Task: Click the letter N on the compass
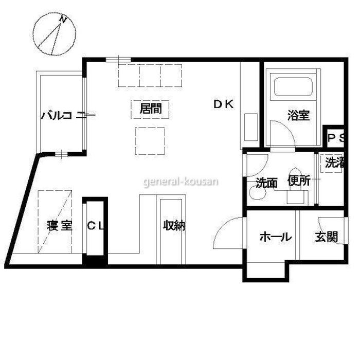click(x=62, y=20)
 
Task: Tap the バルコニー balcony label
click(x=68, y=115)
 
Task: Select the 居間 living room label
click(x=151, y=109)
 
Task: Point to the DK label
click(x=223, y=104)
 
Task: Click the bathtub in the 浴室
click(x=293, y=87)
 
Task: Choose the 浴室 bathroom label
click(x=298, y=115)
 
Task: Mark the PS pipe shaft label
click(x=336, y=138)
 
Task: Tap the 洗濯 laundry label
click(x=334, y=163)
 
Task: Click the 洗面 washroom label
click(x=266, y=183)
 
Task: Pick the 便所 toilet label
click(x=299, y=181)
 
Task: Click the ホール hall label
click(x=276, y=237)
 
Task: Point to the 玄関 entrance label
click(x=326, y=237)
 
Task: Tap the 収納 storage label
click(x=174, y=225)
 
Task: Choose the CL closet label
click(x=95, y=226)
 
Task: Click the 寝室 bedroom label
click(x=60, y=225)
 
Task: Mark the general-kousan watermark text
click(x=181, y=182)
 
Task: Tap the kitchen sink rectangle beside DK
click(x=251, y=127)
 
